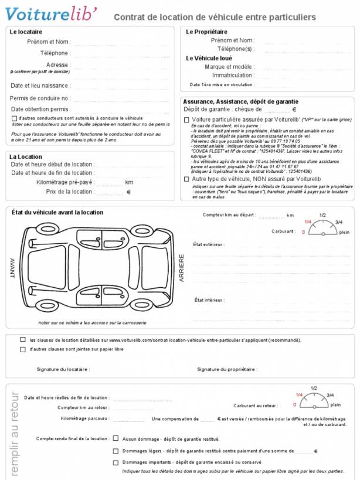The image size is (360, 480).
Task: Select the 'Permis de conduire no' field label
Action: tap(40, 98)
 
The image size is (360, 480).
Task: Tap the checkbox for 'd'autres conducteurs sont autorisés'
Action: tap(14, 118)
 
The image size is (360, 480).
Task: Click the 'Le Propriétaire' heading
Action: tap(206, 32)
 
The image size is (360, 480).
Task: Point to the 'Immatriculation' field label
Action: tap(233, 75)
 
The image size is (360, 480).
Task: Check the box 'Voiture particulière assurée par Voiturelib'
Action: tap(186, 119)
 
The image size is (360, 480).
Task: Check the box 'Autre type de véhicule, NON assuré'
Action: tap(186, 179)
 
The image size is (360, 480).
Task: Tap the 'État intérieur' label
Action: tap(209, 299)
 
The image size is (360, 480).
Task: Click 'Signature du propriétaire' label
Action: tap(227, 369)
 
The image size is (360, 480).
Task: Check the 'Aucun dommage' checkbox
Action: tap(116, 438)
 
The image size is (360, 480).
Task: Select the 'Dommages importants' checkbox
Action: tap(116, 462)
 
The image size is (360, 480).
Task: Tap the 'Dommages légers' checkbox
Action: tap(116, 451)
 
